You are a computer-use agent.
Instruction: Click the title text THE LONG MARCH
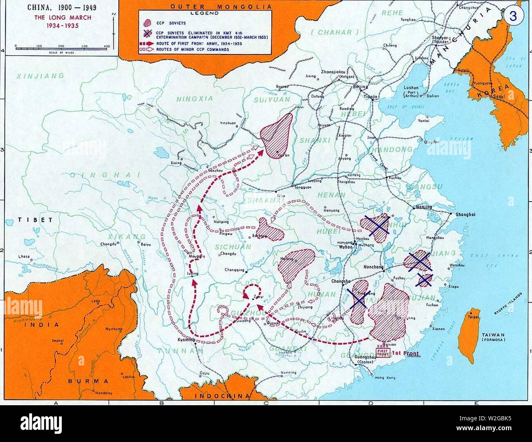click(63, 18)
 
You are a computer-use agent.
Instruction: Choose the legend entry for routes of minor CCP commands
click(192, 49)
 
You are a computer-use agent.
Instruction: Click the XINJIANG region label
click(41, 76)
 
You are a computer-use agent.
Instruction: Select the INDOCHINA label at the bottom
click(221, 396)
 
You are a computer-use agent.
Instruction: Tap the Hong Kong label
click(385, 377)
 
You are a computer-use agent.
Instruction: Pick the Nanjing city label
click(424, 207)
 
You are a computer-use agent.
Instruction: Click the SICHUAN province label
click(233, 247)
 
